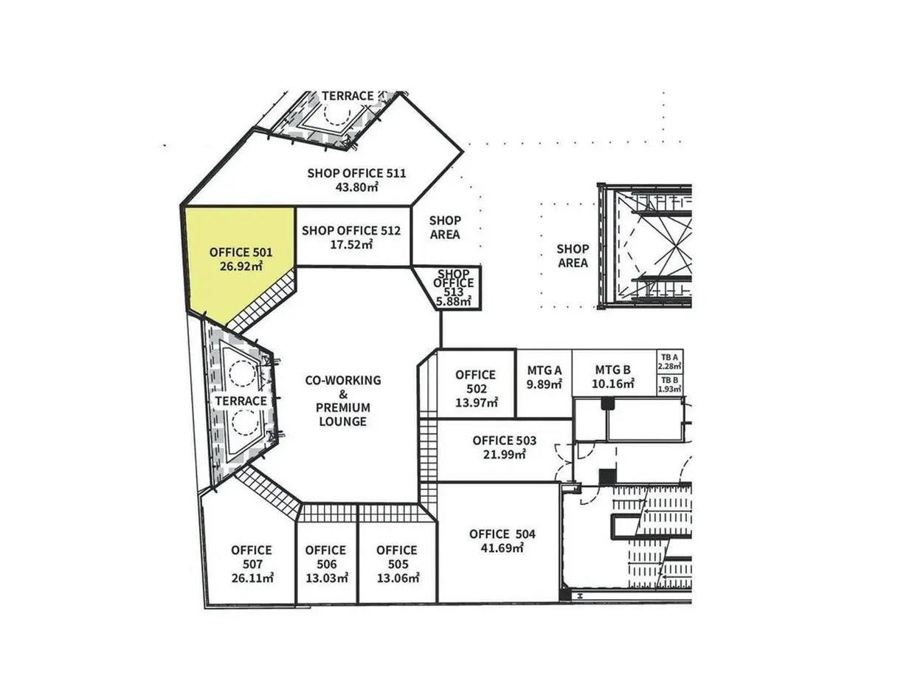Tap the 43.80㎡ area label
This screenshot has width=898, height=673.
coord(356,187)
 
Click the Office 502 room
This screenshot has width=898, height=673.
coord(475,384)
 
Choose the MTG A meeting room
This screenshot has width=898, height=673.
coord(544,384)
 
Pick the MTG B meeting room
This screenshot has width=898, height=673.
coord(614,373)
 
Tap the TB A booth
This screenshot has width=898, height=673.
coord(670,361)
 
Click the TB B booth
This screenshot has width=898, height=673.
coord(670,384)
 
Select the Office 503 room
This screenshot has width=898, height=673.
coord(504,449)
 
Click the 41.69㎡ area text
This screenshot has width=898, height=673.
coord(502,548)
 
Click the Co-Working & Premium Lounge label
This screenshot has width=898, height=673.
coord(343,401)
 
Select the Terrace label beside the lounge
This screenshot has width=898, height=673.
coord(241,401)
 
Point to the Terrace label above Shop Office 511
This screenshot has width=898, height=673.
coord(348,96)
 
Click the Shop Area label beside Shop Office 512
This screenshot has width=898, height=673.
coord(445,227)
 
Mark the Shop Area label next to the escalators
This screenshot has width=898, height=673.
coord(573,256)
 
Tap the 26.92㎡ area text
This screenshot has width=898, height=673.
coord(241,266)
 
